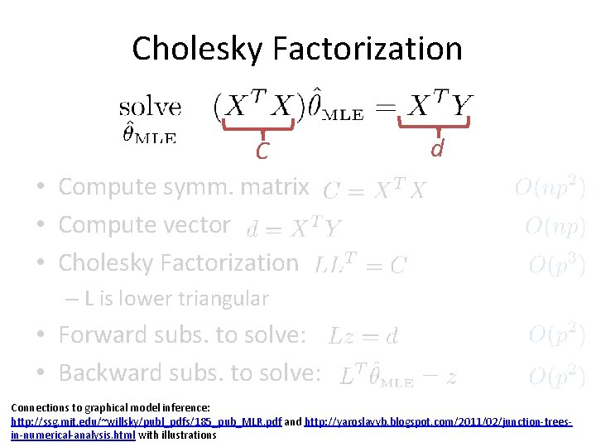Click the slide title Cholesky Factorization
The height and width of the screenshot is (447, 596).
coord(297,48)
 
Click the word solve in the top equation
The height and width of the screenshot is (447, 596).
coord(150,108)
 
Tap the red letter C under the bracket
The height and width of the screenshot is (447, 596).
coord(262,151)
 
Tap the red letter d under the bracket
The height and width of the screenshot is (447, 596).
coord(436,148)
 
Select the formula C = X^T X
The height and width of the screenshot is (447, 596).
coord(373,190)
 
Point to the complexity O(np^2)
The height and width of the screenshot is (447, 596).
coord(549,188)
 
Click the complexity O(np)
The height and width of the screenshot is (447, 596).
coord(555,225)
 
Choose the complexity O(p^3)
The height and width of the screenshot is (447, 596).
coord(556,264)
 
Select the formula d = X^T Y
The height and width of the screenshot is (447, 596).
coord(294,228)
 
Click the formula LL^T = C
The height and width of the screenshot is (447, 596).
coord(361,264)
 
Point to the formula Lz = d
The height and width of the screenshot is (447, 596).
coord(363,336)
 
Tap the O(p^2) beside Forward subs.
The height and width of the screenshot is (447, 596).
coord(556,334)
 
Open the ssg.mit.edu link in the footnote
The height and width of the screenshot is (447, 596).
coord(146,422)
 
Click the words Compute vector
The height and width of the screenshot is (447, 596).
coord(144,225)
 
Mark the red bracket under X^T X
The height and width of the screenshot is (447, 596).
coord(262,126)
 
